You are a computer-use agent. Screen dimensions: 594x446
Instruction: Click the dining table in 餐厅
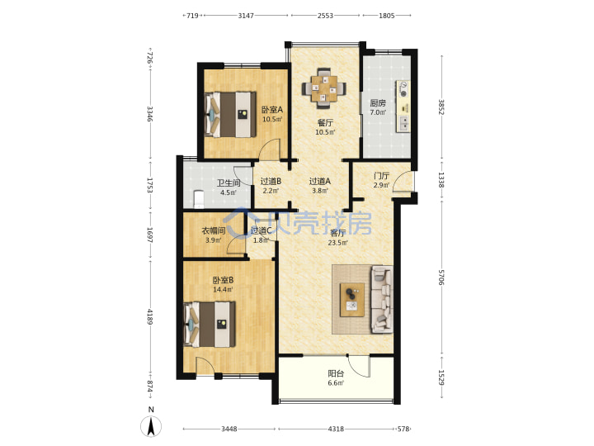coord(324,88)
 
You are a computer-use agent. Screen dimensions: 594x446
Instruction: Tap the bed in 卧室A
coord(230,114)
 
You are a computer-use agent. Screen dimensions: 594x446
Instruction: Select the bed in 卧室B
coord(210,325)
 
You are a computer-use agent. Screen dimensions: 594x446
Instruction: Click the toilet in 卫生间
coord(199,199)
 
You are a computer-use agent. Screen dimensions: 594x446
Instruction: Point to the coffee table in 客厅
coord(352,300)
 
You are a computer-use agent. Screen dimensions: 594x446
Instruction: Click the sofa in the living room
coord(381,299)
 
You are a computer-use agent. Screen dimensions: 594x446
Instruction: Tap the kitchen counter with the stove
coord(403,107)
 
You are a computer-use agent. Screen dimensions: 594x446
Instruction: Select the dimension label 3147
coord(246,16)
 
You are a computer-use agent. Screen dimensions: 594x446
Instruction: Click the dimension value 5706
coord(441,278)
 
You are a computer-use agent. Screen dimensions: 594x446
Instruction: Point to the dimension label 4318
coord(336,429)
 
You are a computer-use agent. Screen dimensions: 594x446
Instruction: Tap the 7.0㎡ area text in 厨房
coord(378,112)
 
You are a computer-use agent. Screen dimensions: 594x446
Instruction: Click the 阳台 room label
coord(336,373)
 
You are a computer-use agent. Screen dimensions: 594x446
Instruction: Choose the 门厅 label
coord(381,176)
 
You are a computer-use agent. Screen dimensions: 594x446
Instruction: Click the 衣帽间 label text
coord(214,230)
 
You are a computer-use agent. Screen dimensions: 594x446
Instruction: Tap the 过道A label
coord(320,181)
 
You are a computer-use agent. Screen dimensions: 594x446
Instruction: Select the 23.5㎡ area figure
coord(338,243)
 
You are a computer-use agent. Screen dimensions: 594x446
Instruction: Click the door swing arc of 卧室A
coord(270,148)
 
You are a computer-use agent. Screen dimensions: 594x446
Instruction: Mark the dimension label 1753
coord(149,185)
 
